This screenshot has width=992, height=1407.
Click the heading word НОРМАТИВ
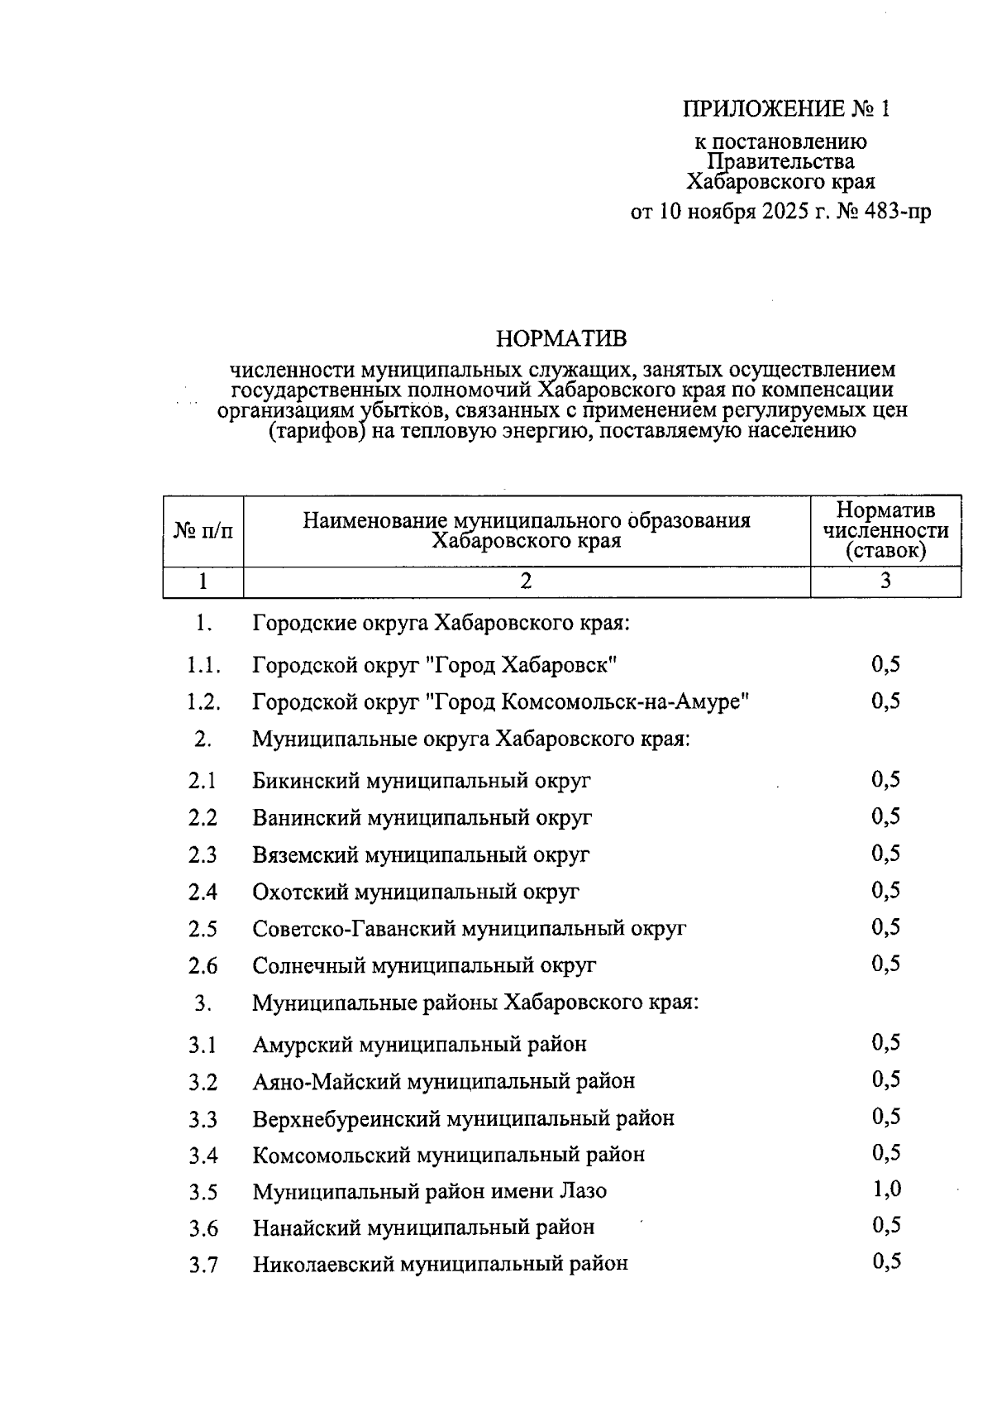tap(560, 338)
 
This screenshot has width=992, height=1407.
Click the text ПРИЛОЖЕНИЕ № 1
tap(787, 109)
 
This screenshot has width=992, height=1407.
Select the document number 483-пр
tap(897, 212)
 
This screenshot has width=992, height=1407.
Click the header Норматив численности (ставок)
tap(885, 530)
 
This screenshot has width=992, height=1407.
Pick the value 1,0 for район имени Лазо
tap(885, 1189)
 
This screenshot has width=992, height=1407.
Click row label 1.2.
tap(203, 702)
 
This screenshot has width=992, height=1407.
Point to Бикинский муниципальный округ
tap(422, 780)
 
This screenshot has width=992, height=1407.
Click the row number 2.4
tap(203, 892)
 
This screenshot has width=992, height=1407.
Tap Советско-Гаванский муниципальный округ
tap(469, 928)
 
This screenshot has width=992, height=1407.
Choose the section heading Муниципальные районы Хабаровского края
tap(475, 1003)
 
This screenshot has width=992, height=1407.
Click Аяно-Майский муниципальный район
tap(443, 1081)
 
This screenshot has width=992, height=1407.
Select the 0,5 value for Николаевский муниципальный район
tap(885, 1261)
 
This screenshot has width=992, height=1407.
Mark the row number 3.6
tap(203, 1228)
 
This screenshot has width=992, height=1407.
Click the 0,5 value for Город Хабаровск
tap(885, 664)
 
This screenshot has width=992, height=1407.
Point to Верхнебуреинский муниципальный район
tap(463, 1118)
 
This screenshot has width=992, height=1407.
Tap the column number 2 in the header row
tap(526, 581)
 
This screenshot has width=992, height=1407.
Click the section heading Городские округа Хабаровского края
tap(441, 622)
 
